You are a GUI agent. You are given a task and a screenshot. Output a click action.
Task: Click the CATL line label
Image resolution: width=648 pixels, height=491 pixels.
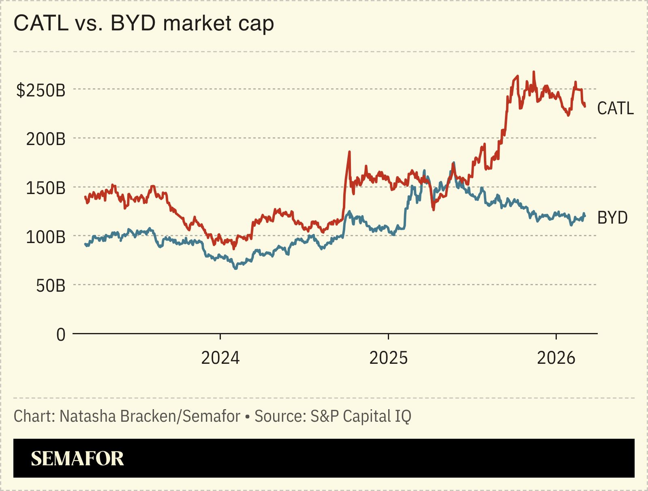[615, 109]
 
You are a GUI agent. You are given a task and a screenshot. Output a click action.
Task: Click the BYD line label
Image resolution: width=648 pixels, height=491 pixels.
[612, 218]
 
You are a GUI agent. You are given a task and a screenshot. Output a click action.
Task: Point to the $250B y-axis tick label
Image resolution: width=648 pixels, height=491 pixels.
[41, 90]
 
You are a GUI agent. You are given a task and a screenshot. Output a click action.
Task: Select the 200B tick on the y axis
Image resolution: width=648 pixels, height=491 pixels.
[45, 139]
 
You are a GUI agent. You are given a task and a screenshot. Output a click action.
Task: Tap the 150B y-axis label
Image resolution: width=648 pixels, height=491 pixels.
[45, 188]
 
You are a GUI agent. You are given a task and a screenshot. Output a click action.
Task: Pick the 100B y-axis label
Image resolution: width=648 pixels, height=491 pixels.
[45, 237]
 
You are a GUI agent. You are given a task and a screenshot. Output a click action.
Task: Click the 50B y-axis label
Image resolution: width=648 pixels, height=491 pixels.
[50, 286]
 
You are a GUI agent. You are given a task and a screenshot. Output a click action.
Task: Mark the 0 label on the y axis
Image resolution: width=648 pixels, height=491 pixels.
[61, 335]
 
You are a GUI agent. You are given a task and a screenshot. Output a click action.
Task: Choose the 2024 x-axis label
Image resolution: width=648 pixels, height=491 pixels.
[220, 358]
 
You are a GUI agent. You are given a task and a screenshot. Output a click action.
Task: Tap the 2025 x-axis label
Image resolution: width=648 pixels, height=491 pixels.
[388, 358]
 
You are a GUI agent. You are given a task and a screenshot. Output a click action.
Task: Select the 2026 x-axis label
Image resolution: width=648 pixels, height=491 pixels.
[556, 358]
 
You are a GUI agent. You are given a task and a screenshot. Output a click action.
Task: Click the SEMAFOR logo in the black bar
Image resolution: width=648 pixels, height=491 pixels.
[77, 459]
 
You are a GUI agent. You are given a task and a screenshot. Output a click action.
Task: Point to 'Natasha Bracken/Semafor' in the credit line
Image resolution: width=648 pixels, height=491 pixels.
[150, 416]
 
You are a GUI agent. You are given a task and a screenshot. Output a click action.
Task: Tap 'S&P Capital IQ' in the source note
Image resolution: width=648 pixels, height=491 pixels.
[361, 416]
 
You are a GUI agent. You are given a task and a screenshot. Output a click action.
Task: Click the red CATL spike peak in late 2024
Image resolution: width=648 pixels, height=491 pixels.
[349, 152]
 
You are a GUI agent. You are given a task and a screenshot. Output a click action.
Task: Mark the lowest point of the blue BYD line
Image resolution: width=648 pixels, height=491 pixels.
[235, 268]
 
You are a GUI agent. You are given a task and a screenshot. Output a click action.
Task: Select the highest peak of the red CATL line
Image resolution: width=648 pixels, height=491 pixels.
[534, 72]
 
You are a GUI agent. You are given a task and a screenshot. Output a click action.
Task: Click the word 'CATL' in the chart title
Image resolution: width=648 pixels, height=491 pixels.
[41, 23]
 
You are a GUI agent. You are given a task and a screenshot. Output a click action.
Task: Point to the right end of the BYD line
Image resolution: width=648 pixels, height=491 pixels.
[584, 215]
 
